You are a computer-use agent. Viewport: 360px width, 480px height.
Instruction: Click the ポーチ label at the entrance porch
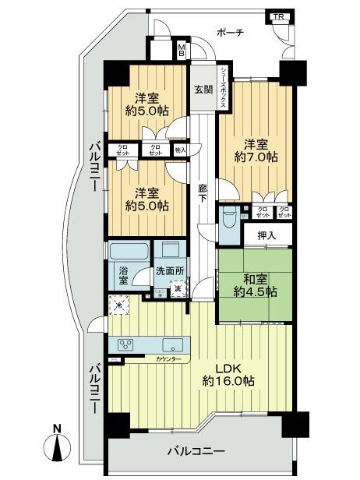point(230,33)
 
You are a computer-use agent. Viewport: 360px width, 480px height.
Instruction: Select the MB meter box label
point(181,51)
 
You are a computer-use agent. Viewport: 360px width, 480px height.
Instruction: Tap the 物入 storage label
point(180,150)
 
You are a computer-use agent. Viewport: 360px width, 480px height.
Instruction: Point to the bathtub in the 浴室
point(129,253)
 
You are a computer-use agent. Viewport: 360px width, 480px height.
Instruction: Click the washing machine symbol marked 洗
point(178,290)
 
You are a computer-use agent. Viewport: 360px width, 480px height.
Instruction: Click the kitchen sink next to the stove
point(172,344)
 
